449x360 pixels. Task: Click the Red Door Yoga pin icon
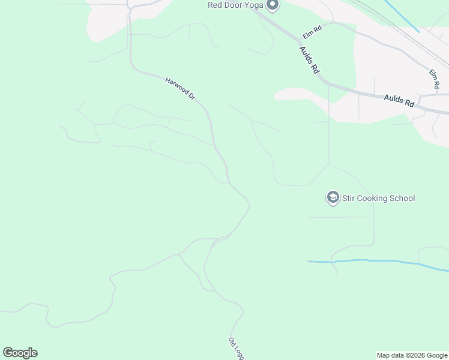pos(273,5)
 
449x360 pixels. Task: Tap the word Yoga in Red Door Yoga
pos(253,5)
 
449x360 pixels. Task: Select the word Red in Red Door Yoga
pos(215,5)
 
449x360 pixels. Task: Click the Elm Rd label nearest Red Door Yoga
pos(313,30)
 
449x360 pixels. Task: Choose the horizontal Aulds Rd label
pos(399,100)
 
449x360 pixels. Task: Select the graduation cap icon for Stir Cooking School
pos(333,197)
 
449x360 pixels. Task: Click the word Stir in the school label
pos(349,198)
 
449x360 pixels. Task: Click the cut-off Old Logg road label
pos(237,348)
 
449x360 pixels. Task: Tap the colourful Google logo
pos(20,353)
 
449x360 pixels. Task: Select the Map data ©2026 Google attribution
pos(412,355)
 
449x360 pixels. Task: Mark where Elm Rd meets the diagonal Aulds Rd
pos(300,41)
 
